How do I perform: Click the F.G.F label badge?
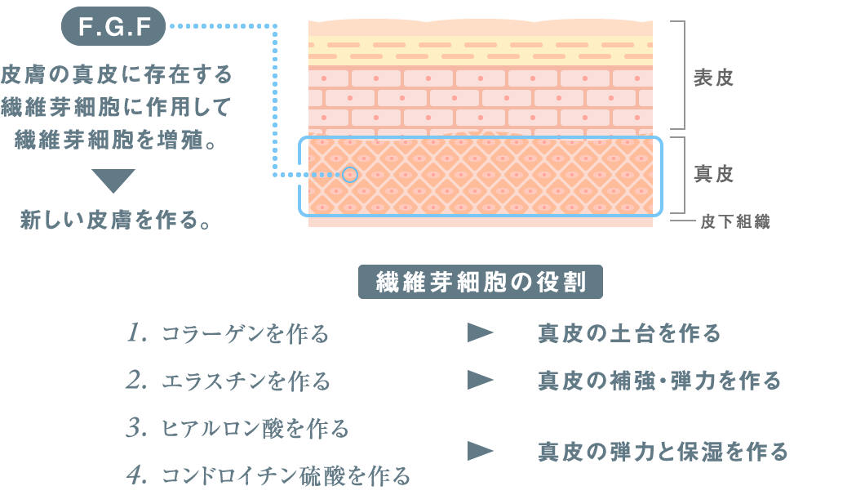point(114,28)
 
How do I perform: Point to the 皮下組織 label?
point(734,221)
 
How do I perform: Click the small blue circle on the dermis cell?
point(350,174)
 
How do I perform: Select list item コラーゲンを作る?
point(245,334)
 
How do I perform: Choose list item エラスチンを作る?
point(246,381)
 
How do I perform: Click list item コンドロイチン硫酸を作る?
point(286,475)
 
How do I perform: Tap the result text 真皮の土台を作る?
point(629,333)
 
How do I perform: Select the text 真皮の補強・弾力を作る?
point(659,381)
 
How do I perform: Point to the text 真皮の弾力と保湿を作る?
point(663,451)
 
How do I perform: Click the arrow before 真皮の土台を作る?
point(481,332)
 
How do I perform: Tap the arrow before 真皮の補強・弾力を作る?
point(481,380)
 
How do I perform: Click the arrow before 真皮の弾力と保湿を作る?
point(481,450)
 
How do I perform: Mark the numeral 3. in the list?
point(136,428)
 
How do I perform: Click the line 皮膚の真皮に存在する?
point(118,75)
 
